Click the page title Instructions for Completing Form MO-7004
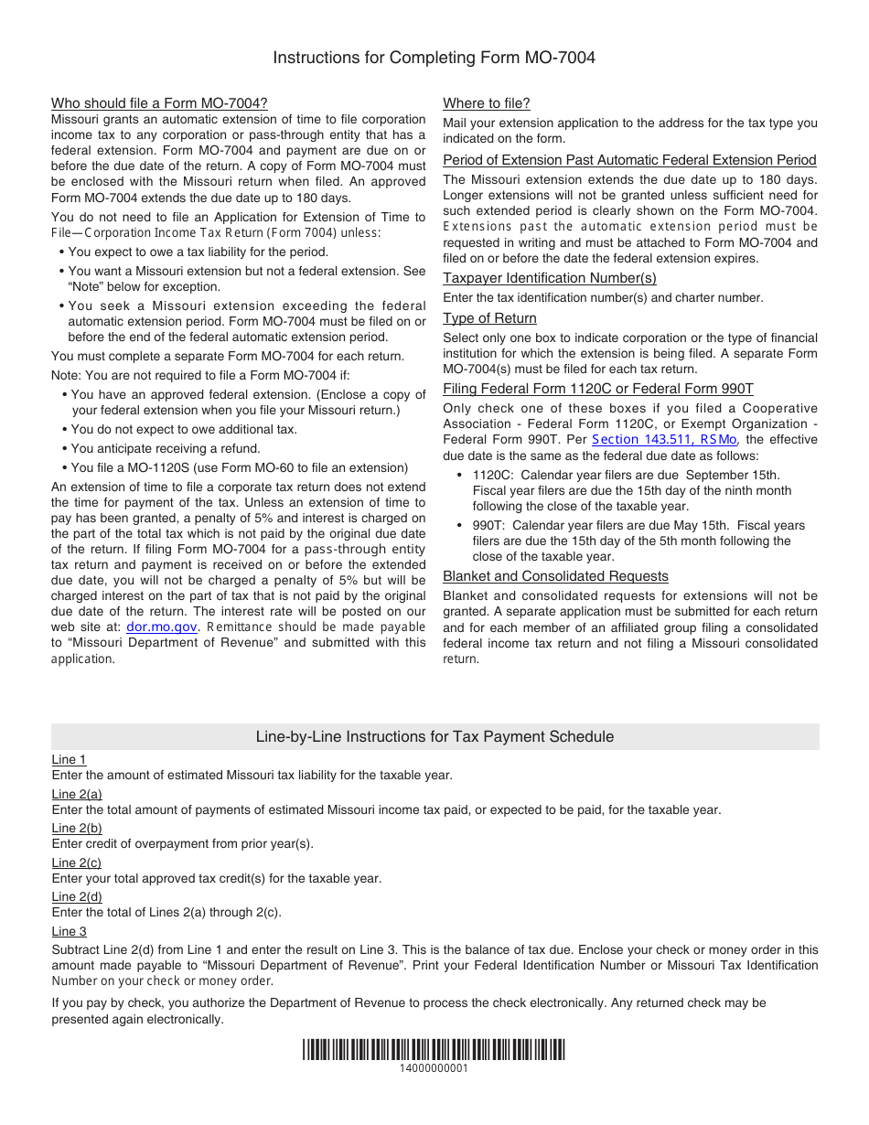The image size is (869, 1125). click(434, 58)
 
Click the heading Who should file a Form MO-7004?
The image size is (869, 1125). click(159, 103)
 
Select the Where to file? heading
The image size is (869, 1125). click(486, 103)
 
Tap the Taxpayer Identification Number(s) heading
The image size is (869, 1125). click(549, 278)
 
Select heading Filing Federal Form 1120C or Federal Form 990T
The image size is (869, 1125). click(597, 389)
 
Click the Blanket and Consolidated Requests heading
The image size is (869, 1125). click(555, 576)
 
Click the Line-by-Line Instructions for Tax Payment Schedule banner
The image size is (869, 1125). click(434, 736)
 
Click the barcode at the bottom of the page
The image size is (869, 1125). click(434, 1050)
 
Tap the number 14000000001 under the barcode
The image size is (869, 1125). click(434, 1068)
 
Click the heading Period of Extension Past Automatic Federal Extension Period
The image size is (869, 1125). click(629, 160)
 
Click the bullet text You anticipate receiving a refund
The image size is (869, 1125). click(166, 448)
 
